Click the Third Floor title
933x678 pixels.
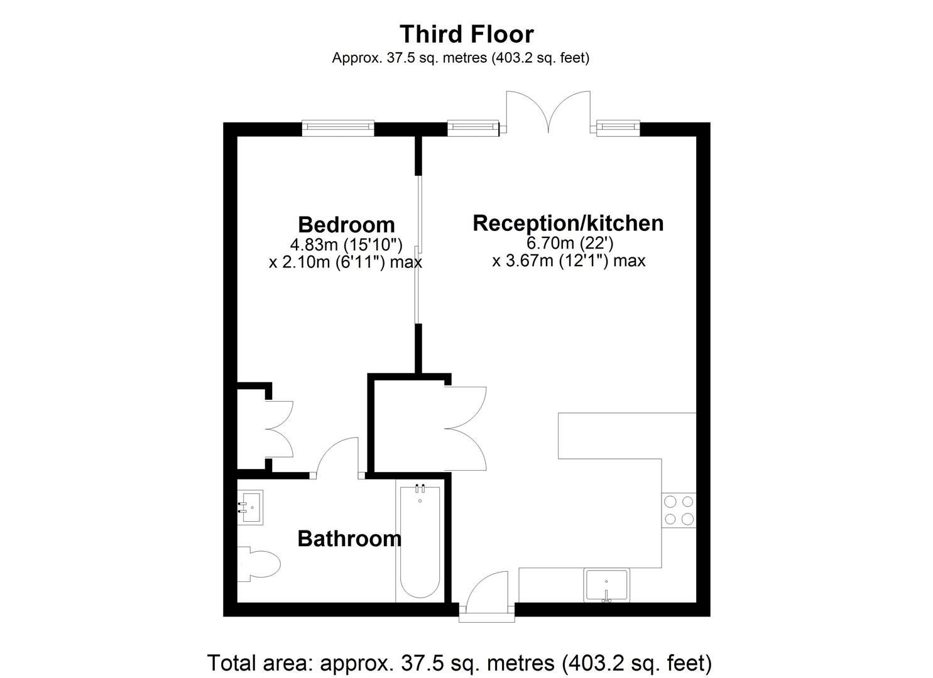coord(466,34)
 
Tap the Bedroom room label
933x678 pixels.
coord(346,225)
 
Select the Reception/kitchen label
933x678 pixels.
coord(568,223)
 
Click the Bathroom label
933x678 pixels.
coord(349,539)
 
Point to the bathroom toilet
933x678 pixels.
coord(258,564)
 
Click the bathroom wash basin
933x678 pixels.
coord(250,507)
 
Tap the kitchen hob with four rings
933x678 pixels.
coord(679,510)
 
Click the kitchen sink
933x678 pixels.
coord(606,585)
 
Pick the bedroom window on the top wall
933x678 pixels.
coord(338,129)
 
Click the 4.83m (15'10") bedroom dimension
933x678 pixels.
coord(346,245)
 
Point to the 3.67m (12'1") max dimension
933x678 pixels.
coord(569,261)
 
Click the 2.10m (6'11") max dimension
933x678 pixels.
coord(346,262)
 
